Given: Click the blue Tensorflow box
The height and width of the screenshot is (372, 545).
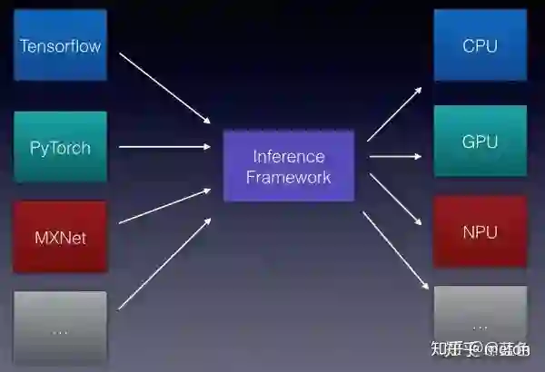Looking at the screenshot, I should [60, 45].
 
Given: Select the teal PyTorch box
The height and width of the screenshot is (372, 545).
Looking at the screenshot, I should [60, 146].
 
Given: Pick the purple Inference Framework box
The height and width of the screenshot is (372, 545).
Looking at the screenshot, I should [289, 166].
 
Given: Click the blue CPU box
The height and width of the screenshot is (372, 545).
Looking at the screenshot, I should [480, 45].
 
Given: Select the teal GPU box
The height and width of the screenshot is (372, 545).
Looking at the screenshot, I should [480, 142].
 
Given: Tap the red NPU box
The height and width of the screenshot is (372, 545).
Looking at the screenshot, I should [480, 232].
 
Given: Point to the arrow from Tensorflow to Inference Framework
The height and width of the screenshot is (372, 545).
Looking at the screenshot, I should [165, 87].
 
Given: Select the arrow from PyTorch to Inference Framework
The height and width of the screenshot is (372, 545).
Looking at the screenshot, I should [165, 146].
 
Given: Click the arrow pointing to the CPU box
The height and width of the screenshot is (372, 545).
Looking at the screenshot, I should [394, 113].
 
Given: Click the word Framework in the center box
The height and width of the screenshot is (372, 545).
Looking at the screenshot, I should [289, 178].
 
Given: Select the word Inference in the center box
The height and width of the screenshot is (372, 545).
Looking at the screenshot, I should [289, 155].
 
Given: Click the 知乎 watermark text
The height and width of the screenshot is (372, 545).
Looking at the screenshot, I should [447, 349].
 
